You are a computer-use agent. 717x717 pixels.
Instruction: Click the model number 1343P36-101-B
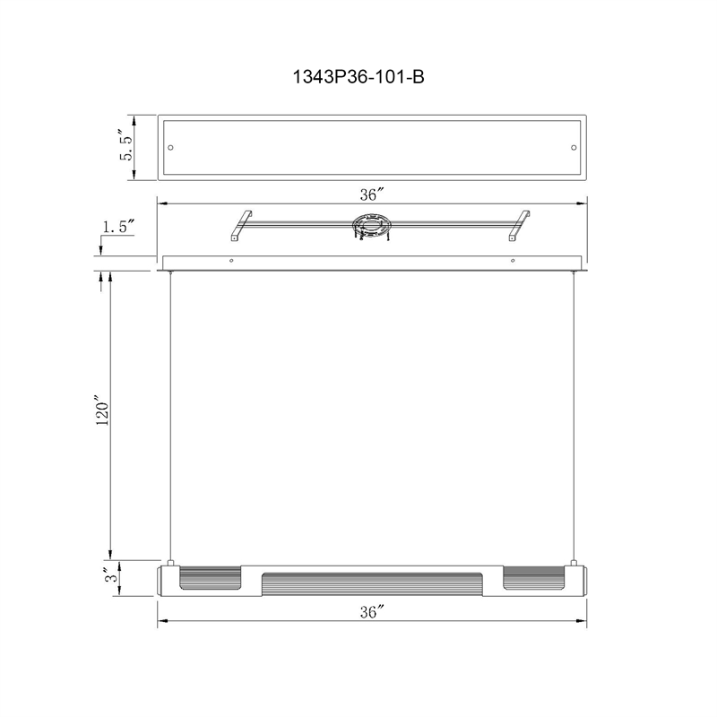358,77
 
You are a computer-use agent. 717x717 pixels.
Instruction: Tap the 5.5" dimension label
126,145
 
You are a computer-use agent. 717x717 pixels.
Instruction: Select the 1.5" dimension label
118,227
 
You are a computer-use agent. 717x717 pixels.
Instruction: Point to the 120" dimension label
102,414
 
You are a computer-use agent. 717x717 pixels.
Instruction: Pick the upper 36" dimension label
371,194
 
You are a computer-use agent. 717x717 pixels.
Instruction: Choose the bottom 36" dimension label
371,611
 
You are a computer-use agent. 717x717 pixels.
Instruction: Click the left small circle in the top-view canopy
170,148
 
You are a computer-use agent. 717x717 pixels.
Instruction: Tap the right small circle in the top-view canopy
574,148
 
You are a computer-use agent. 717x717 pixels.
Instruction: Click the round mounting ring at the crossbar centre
371,225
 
